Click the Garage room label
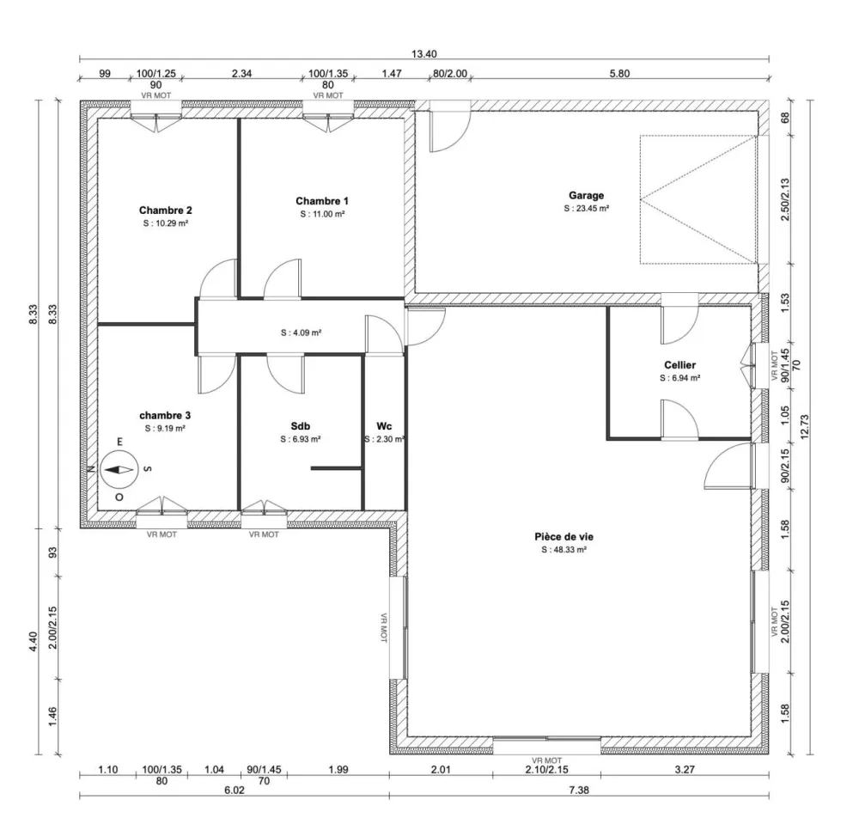[586, 195]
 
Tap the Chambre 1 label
[322, 200]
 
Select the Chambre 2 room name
[165, 210]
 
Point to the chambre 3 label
[165, 415]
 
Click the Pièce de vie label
[564, 536]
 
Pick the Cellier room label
[679, 365]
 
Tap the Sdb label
[300, 425]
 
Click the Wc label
[384, 425]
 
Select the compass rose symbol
[119, 470]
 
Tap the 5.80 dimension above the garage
[619, 74]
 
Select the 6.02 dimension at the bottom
[234, 789]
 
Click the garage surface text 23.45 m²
[587, 208]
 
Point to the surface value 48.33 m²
[564, 550]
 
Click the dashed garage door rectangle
[698, 199]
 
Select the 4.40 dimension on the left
[34, 641]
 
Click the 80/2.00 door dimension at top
[449, 74]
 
